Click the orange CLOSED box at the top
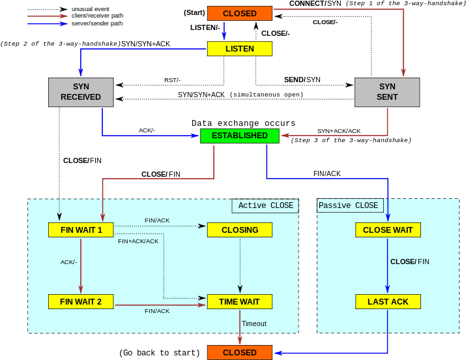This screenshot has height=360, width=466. (240, 13)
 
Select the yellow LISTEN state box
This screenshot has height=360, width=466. (240, 48)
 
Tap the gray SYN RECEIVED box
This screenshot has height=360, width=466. (81, 92)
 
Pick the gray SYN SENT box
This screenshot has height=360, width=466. (387, 92)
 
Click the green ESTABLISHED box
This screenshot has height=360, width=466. (240, 136)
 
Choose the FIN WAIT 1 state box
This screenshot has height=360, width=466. (81, 230)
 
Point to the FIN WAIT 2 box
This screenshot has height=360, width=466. (81, 301)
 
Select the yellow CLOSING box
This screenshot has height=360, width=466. (240, 230)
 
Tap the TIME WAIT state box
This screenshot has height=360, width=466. (240, 301)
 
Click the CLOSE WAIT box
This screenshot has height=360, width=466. (388, 230)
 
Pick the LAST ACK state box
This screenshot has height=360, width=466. (388, 301)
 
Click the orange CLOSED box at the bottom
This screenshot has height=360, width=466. (240, 352)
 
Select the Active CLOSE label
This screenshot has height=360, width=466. (265, 205)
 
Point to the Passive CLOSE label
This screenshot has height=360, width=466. (349, 205)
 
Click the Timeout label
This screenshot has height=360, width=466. (254, 323)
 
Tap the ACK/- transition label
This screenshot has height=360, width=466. (68, 262)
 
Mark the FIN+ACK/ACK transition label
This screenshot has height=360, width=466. (138, 241)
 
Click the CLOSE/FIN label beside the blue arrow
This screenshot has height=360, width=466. (410, 262)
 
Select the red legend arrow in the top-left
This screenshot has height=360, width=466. (48, 16)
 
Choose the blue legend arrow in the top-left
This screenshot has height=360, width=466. (48, 23)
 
